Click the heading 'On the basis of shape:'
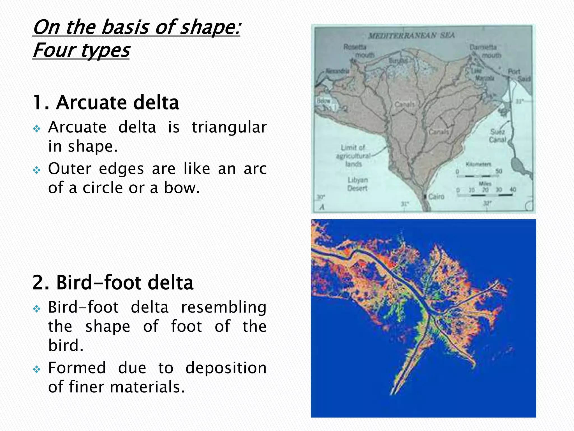coord(136,27)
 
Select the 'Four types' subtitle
coord(81,51)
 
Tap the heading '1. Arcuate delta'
coord(106,102)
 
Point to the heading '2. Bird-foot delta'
coord(113,282)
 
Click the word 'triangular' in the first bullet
coord(229,127)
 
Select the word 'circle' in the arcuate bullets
coord(103,188)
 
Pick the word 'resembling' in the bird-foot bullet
coord(224,307)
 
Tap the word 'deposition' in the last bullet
coord(226,368)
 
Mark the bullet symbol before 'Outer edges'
coord(37,170)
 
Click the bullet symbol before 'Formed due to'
coord(37,369)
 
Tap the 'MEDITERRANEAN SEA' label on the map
coord(411,36)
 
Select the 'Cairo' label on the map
coord(436,196)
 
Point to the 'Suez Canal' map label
coord(497,136)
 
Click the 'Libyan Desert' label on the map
coord(358,184)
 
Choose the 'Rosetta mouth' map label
coord(359,51)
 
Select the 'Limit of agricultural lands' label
coord(353,155)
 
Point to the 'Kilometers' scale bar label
coord(478,164)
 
